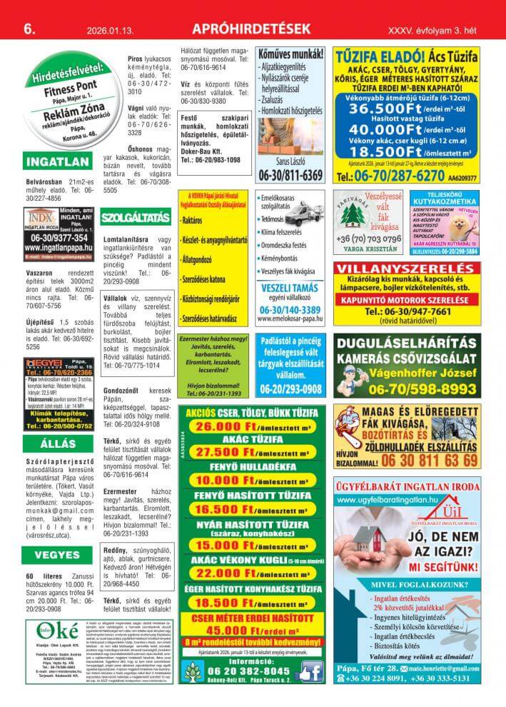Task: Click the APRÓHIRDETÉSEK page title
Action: coord(252,29)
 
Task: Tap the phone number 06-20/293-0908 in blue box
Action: coord(290,389)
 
